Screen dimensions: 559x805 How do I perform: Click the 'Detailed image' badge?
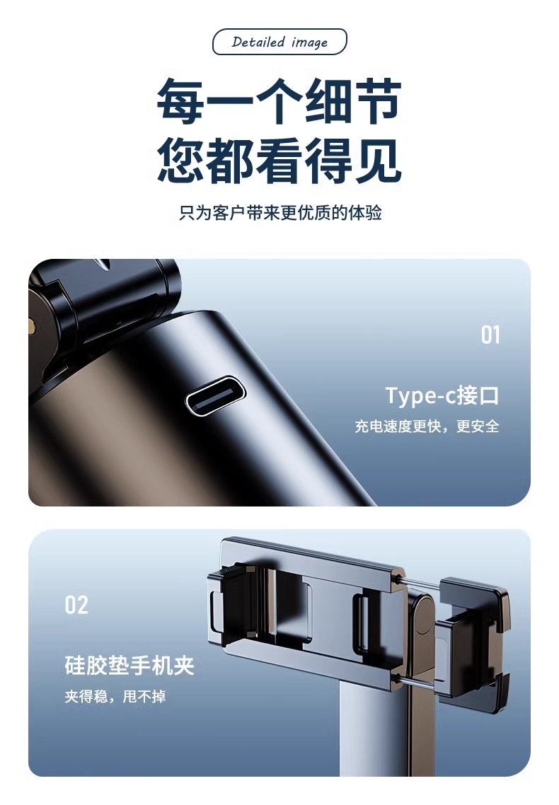click(279, 42)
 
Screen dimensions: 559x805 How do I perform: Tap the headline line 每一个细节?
click(279, 101)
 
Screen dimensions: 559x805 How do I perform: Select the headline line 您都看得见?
click(279, 161)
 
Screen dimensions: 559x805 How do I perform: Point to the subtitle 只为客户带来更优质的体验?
click(280, 212)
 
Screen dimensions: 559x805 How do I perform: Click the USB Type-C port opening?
click(216, 396)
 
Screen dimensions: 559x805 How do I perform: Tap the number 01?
click(490, 335)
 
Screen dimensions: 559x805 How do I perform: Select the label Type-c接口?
click(442, 395)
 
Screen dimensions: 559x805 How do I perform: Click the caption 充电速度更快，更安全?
click(427, 426)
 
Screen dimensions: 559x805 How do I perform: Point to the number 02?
click(76, 605)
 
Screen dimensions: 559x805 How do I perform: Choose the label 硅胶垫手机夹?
click(129, 666)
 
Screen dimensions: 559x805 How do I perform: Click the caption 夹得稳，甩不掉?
click(115, 696)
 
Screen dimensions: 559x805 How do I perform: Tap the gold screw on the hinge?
click(31, 325)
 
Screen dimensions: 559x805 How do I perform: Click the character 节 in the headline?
click(378, 101)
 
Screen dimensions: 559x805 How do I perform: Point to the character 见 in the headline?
click(378, 161)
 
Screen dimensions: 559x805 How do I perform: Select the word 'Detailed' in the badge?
click(258, 42)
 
